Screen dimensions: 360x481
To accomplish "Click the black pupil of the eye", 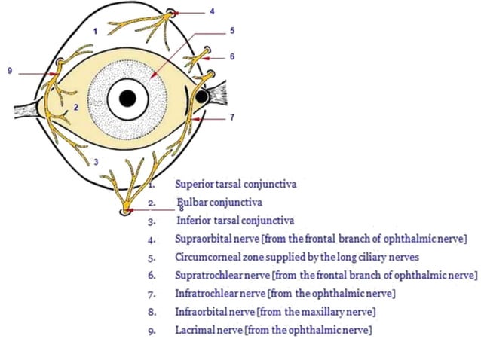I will [127, 98].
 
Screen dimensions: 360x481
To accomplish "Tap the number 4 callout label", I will [212, 12].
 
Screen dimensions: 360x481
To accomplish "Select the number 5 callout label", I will [232, 31].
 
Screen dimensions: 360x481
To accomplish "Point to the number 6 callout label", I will [232, 57].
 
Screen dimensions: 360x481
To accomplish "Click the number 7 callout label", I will [233, 118].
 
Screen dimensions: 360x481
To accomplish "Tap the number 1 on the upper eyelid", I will [95, 31].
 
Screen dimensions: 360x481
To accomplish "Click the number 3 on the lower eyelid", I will [95, 161].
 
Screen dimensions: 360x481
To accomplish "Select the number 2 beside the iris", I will [76, 108].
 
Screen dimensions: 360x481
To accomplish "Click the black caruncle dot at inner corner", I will [202, 96].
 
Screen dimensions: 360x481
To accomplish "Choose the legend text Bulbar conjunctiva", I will [218, 203].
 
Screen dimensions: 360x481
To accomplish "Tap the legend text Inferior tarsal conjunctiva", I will [234, 221].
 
